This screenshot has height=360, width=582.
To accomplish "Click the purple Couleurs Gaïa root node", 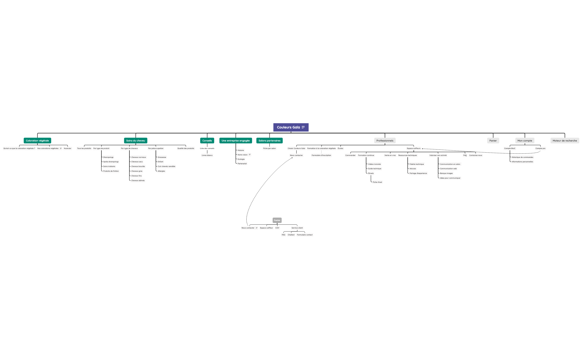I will click(291, 127).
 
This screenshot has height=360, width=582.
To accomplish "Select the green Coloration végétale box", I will click(37, 141).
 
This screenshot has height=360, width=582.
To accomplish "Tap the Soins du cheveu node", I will click(136, 141).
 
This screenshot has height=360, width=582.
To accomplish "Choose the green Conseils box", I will click(207, 141).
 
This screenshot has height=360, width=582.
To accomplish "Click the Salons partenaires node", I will click(269, 141).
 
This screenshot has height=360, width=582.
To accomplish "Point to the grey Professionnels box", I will click(385, 141).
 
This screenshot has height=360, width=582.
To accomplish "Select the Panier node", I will click(493, 141).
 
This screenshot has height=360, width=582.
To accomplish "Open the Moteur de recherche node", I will click(565, 141).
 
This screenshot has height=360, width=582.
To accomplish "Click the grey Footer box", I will click(277, 220).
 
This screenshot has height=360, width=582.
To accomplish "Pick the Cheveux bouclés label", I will click(138, 166).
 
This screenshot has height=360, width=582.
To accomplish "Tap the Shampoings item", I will click(108, 157).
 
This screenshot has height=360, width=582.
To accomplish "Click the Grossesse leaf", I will click(162, 157).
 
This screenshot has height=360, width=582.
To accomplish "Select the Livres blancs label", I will click(207, 155).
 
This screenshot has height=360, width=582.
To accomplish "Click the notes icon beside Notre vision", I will click(250, 155).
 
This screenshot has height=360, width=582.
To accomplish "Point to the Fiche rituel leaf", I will click(377, 182).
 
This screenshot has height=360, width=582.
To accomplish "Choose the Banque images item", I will click(446, 173).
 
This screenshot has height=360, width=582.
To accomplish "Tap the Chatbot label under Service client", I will click(291, 235).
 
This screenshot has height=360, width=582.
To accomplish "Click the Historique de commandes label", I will click(522, 157).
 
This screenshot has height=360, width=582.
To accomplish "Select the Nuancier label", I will click(68, 148).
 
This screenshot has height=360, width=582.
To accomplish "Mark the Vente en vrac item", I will click(390, 155).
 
